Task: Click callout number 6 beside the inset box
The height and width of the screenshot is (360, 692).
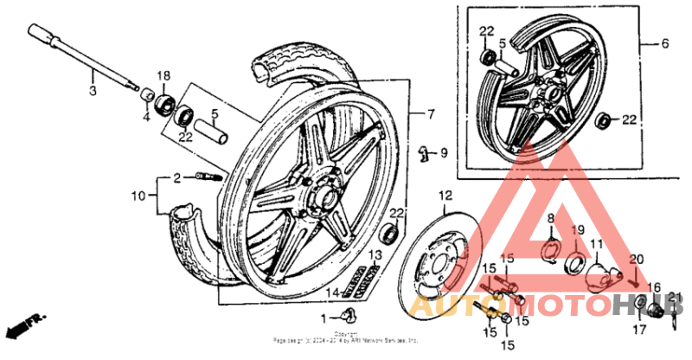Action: pyautogui.click(x=665, y=43)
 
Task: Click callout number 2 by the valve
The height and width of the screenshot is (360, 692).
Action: pyautogui.click(x=176, y=177)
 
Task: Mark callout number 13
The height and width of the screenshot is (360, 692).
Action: pyautogui.click(x=375, y=254)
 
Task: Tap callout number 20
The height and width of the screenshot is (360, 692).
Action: pyautogui.click(x=637, y=260)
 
